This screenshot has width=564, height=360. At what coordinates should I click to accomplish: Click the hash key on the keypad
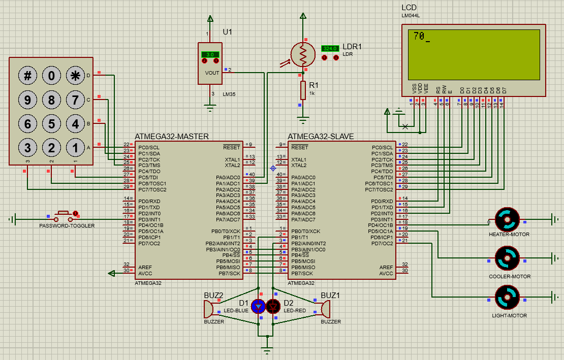click(x=28, y=76)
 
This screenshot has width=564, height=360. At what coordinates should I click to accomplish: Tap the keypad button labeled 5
click(x=51, y=123)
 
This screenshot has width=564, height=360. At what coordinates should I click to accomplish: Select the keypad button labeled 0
click(x=51, y=76)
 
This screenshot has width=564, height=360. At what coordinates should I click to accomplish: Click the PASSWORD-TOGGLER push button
click(x=64, y=214)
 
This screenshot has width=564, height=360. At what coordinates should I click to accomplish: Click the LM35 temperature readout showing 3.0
click(x=210, y=54)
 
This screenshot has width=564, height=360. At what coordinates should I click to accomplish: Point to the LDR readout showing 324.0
click(x=330, y=49)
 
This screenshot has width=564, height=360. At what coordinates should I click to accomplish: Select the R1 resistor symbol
click(x=303, y=90)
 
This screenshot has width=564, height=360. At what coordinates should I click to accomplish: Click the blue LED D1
click(x=259, y=306)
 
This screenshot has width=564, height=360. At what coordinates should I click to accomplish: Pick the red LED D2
click(x=274, y=306)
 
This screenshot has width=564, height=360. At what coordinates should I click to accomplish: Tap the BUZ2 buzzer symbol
click(x=209, y=309)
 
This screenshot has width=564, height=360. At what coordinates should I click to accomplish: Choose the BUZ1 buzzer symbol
click(x=326, y=309)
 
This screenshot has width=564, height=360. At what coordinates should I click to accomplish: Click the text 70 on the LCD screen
click(x=419, y=36)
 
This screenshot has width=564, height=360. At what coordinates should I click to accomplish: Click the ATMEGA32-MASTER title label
click(x=172, y=137)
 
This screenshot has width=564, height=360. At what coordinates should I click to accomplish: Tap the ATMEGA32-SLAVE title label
click(x=321, y=137)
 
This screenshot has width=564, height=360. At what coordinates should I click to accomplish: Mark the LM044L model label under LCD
click(x=411, y=16)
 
